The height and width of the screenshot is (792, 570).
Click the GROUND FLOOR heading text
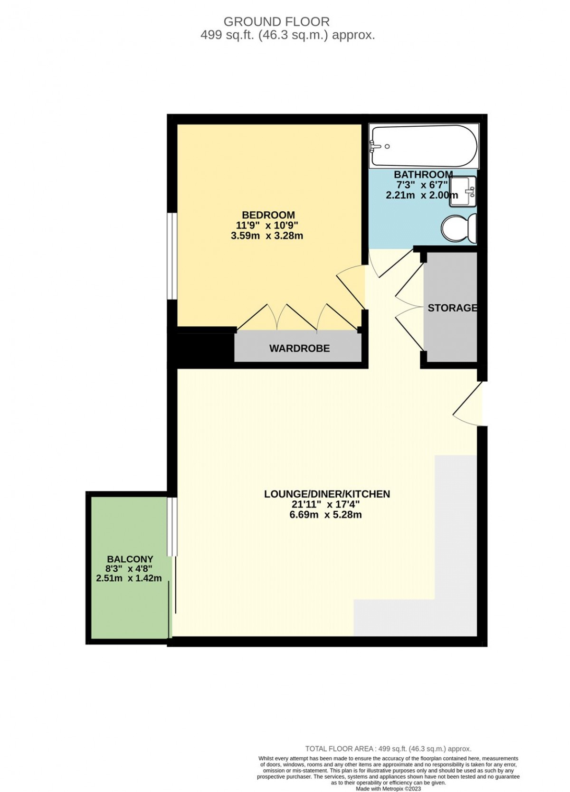click(x=276, y=22)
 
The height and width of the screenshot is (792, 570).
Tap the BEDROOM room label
click(x=268, y=215)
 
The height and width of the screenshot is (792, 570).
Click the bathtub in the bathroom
click(x=423, y=146)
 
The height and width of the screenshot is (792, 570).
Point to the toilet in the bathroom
click(x=459, y=229)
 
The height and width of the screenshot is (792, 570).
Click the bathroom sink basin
click(x=463, y=192)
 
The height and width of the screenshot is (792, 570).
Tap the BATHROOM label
click(x=423, y=174)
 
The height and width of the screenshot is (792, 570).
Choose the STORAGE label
click(x=452, y=308)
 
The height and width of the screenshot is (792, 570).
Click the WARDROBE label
click(x=299, y=348)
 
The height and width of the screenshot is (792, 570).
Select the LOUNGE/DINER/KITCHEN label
click(x=327, y=494)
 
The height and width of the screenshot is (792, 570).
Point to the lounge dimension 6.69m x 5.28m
click(x=325, y=514)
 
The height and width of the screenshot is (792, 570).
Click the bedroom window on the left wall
click(x=172, y=256)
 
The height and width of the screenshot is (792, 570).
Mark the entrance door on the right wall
click(x=468, y=403)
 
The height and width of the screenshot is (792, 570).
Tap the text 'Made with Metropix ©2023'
click(x=388, y=789)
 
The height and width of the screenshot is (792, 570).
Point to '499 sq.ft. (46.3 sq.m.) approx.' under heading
click(x=287, y=35)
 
